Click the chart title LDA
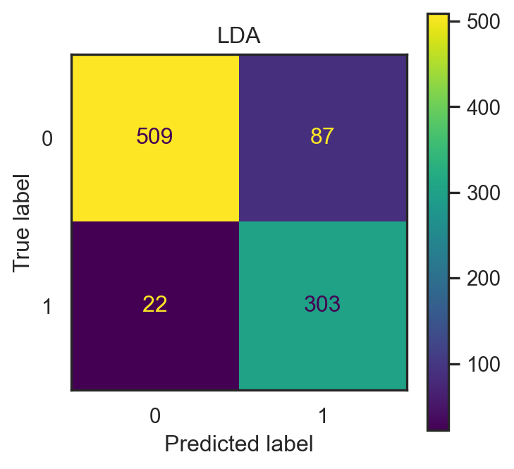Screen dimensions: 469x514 point(238,37)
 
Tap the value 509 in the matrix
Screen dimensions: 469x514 point(154,137)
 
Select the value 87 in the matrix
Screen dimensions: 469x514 point(322,137)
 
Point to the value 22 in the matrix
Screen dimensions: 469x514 point(154,305)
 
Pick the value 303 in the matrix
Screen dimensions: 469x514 point(322,305)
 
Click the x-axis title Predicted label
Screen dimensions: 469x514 point(238,444)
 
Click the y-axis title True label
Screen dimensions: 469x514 point(23,221)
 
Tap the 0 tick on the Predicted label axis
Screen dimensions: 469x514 point(154,416)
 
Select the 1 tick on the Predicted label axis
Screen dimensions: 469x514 point(322,416)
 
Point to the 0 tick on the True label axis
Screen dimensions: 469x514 point(47,138)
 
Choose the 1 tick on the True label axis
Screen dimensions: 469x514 point(47,306)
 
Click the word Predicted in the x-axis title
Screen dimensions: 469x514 point(206,444)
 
